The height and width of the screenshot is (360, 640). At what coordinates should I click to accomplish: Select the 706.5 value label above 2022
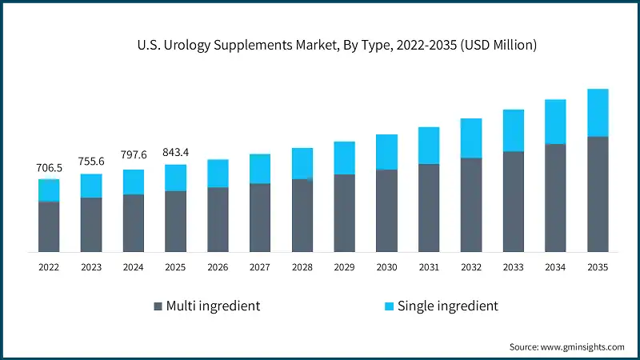pos(49,168)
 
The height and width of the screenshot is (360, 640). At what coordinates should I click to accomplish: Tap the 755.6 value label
pos(90,162)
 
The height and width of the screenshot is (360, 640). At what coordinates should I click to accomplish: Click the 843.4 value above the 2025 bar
pos(175,152)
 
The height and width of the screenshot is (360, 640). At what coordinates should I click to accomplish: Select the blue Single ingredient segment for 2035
pos(598,112)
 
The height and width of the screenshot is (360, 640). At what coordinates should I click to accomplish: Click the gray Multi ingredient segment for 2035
pos(598,194)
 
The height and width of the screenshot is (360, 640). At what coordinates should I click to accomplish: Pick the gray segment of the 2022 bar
pos(49,226)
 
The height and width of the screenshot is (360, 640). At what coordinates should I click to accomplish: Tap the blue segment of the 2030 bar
pos(386,152)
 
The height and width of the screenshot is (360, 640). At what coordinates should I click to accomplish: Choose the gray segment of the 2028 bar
pos(302,214)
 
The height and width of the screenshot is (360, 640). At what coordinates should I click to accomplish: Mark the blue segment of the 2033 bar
pos(513,130)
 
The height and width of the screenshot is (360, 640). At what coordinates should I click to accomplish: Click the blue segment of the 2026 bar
pos(218,173)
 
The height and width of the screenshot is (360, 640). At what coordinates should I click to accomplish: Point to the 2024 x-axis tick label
pos(133,268)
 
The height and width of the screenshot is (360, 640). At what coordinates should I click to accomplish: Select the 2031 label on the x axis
pos(429,268)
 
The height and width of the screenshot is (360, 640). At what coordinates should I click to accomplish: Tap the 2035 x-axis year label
pos(598,268)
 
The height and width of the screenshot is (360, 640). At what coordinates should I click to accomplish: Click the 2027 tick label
pos(260,268)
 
